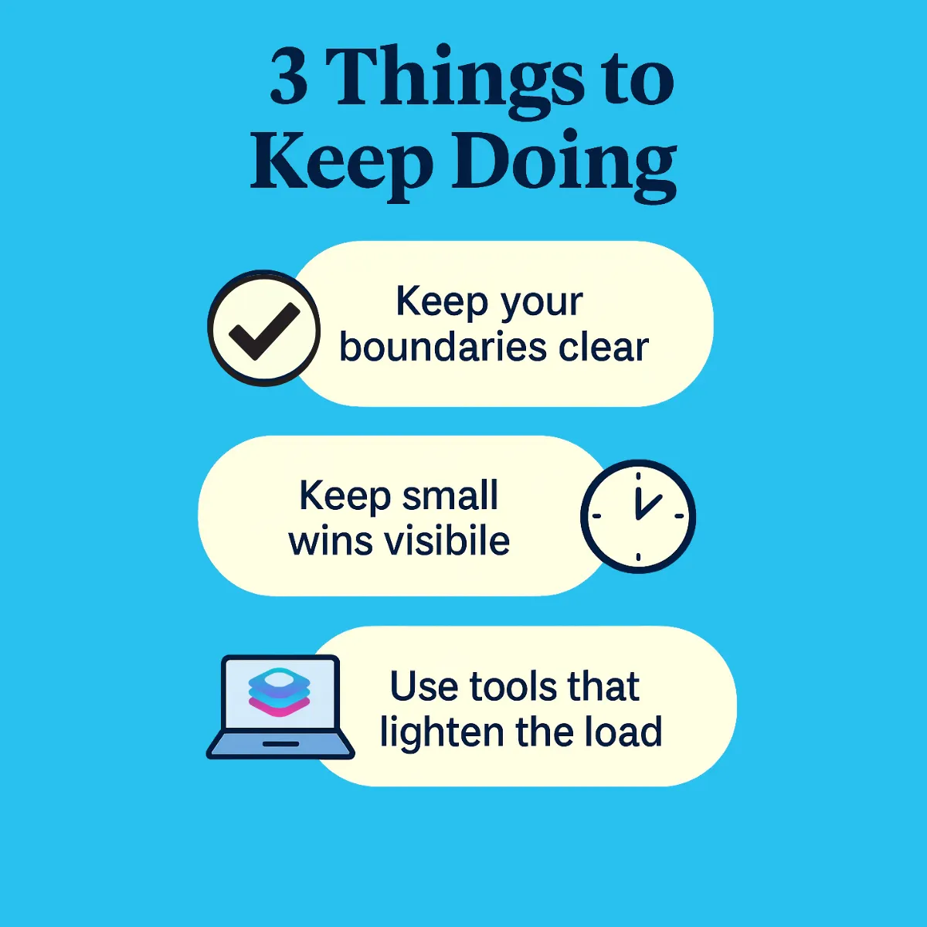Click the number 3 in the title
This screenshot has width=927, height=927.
[x=290, y=77]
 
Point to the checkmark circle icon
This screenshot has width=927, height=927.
[x=264, y=328]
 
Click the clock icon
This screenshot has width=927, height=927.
[x=638, y=516]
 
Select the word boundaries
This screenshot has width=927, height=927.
[x=443, y=347]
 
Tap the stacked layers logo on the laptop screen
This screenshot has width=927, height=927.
[x=280, y=691]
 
